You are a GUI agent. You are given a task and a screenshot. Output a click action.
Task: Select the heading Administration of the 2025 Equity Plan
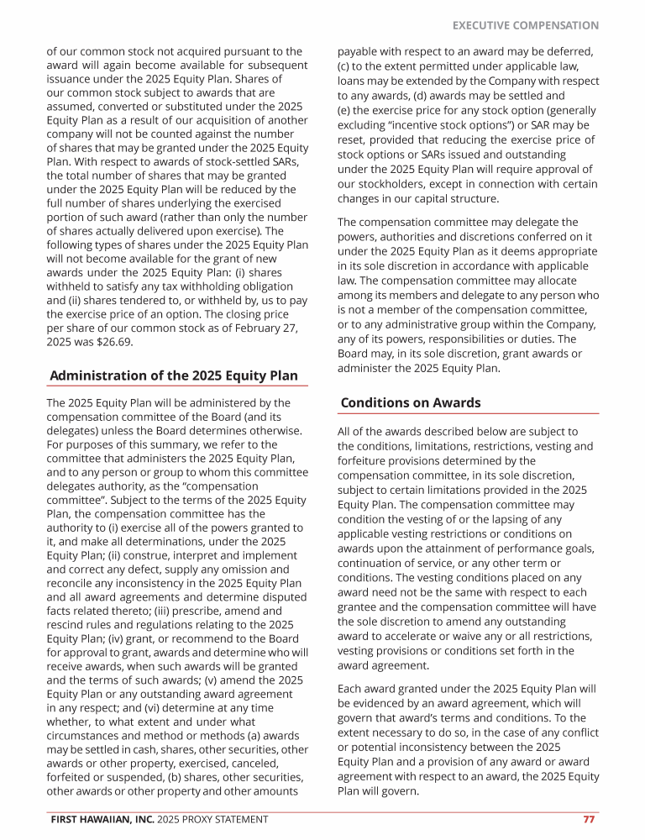[x=174, y=375]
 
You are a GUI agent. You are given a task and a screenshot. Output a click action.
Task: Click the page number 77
[x=589, y=819]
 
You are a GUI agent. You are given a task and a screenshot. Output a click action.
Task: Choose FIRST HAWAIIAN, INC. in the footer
[x=102, y=819]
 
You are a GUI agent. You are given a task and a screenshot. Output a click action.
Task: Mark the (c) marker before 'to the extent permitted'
[x=344, y=66]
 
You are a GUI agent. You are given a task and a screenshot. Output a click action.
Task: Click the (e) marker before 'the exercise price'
[x=344, y=111]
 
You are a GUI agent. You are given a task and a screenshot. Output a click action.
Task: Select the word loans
[x=353, y=81]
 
